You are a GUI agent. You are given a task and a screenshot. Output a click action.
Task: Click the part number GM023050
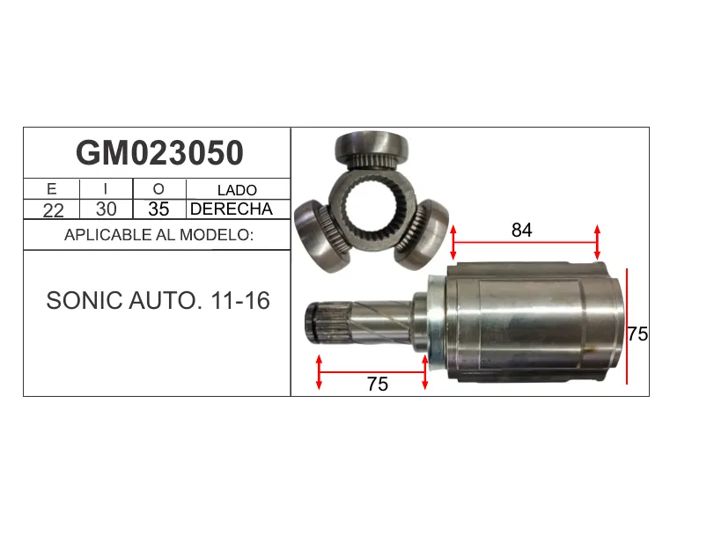160,153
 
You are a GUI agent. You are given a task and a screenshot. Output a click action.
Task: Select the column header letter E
51,189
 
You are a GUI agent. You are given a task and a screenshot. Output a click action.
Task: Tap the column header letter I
106,189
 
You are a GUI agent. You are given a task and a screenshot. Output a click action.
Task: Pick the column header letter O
158,189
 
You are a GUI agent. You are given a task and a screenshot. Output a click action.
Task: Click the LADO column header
237,190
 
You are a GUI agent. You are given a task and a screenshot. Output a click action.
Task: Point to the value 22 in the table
54,210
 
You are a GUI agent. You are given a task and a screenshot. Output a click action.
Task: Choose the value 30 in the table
107,209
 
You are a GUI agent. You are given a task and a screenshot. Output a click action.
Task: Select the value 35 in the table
158,209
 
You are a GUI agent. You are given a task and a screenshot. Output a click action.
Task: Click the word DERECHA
232,209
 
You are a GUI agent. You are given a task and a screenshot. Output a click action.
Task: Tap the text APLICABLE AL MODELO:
159,235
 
